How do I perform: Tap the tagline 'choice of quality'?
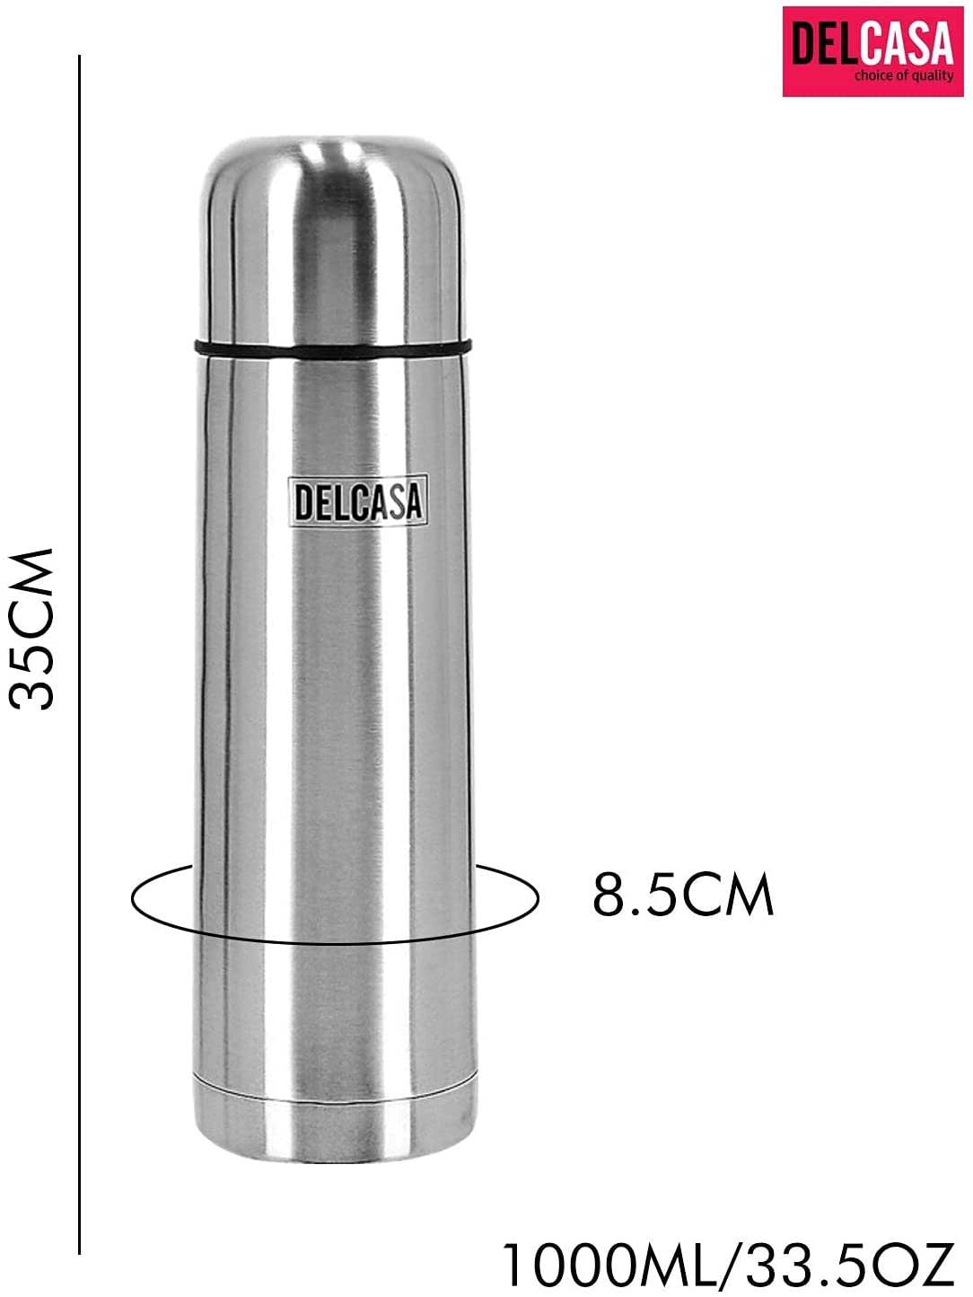tap(903, 76)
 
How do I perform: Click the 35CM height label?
tap(32, 629)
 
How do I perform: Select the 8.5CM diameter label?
tap(682, 895)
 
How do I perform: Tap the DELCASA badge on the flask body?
tap(357, 500)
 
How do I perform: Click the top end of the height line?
tap(79, 57)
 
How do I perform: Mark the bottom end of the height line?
tap(79, 1251)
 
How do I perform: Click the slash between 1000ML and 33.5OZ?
tap(733, 1266)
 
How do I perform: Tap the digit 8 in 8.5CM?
tap(609, 895)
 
